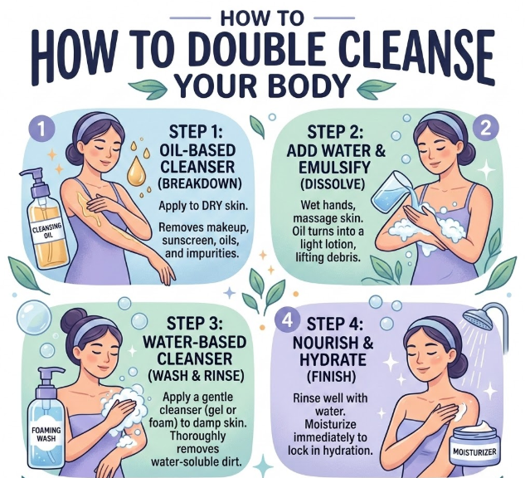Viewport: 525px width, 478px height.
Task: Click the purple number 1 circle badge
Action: point(41,129)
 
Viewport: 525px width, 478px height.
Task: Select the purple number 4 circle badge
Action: point(287,320)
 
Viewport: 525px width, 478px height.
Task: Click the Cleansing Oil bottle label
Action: point(47,232)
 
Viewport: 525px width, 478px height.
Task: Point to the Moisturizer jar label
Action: point(474,452)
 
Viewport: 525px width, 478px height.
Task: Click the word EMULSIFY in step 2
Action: point(333,168)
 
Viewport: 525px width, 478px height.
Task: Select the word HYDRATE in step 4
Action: point(333,360)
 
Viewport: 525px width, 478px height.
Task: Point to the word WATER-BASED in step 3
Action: point(195,342)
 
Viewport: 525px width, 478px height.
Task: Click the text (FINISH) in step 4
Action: point(331,377)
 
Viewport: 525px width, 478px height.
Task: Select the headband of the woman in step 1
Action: point(95,125)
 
